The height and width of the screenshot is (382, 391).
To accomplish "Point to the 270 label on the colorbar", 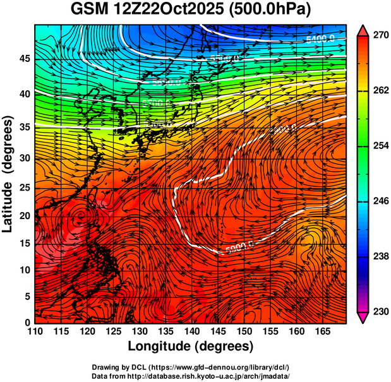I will (x=379, y=35).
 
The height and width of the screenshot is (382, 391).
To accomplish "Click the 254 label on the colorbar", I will (x=379, y=146).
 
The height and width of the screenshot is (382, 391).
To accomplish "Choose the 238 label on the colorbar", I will (x=379, y=256).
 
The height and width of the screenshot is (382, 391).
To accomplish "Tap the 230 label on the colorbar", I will (x=379, y=311).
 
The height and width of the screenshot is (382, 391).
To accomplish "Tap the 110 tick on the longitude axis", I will (x=35, y=331).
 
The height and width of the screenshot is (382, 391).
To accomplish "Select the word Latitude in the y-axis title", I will (x=9, y=197).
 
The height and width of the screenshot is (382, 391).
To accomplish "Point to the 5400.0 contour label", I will (x=319, y=39).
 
